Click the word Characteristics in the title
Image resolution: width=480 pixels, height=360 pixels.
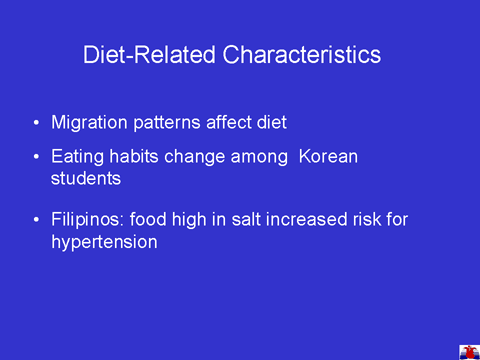click(x=302, y=55)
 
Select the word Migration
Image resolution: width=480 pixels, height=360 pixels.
click(x=89, y=123)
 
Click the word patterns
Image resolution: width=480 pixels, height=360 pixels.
click(x=167, y=123)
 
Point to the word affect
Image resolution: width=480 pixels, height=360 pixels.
click(x=228, y=122)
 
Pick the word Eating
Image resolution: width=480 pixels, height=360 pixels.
click(x=77, y=157)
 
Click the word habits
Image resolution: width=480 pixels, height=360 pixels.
click(x=134, y=156)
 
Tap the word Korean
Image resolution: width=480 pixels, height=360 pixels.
click(x=328, y=156)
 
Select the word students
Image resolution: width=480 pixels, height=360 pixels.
click(x=86, y=178)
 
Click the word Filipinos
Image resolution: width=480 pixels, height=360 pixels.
click(x=87, y=220)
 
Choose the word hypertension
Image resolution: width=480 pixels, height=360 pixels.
click(x=104, y=242)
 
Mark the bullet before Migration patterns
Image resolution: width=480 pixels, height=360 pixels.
click(x=36, y=123)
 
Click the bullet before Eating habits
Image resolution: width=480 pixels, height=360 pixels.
click(x=36, y=157)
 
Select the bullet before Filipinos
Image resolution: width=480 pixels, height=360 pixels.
click(x=36, y=220)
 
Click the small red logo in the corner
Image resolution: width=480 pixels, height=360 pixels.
click(x=469, y=353)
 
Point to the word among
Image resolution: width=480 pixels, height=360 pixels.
click(x=259, y=157)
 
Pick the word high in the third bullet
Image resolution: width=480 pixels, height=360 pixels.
click(x=188, y=220)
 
